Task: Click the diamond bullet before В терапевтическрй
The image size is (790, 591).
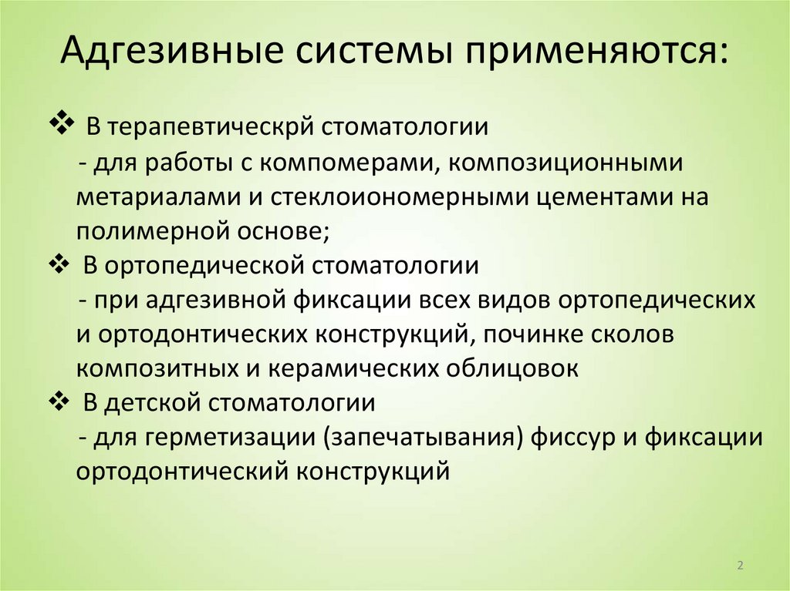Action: (60, 122)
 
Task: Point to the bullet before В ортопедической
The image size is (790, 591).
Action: (60, 264)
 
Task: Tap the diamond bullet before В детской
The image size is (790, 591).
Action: (60, 401)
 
